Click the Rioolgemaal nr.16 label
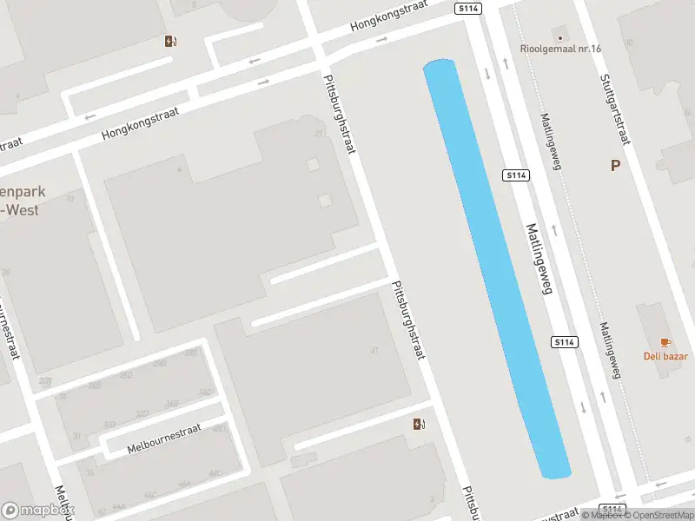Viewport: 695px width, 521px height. pyautogui.click(x=560, y=49)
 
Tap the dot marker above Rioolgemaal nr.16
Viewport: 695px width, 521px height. pyautogui.click(x=560, y=37)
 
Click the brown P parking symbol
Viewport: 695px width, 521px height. pyautogui.click(x=616, y=165)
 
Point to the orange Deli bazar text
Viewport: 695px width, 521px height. pyautogui.click(x=665, y=356)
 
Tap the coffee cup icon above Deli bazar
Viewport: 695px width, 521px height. pyautogui.click(x=665, y=342)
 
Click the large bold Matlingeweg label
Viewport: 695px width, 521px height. pyautogui.click(x=539, y=260)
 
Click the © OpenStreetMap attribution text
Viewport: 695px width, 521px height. pyautogui.click(x=659, y=515)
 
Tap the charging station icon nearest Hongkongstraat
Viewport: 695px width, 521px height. pyautogui.click(x=170, y=41)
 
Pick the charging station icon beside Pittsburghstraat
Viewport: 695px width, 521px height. pyautogui.click(x=420, y=424)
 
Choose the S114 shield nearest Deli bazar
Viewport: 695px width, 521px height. pyautogui.click(x=565, y=342)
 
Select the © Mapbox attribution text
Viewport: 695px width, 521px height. pyautogui.click(x=601, y=515)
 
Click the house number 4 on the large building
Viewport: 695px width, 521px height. pyautogui.click(x=179, y=169)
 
